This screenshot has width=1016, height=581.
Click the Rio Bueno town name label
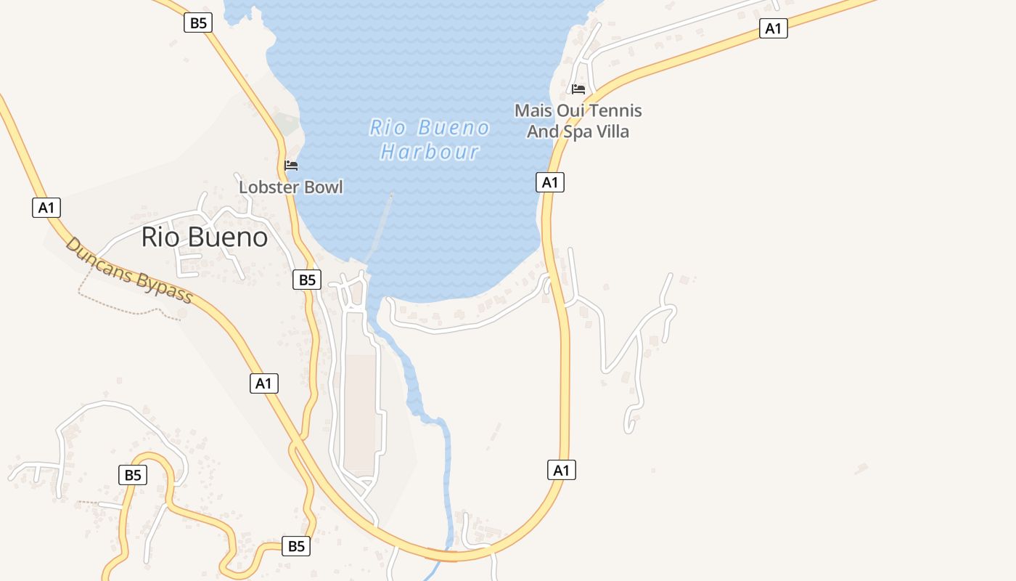pos(204,237)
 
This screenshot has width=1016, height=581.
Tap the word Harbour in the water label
pos(430,152)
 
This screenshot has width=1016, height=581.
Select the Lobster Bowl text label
pos(291,187)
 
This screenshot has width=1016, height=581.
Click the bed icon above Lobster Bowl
pos(291,166)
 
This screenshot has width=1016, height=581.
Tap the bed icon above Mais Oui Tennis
pos(578,89)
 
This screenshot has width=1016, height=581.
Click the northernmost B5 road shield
pos(198,23)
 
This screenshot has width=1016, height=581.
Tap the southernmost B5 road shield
pos(296,546)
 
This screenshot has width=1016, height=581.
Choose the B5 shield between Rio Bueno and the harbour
pos(307,280)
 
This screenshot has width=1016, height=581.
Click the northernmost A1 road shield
pos(774,28)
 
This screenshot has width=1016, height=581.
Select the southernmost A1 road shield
pos(561,470)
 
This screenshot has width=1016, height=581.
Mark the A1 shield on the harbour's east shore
pos(550,182)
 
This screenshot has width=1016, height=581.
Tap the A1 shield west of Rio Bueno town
pos(46,208)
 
